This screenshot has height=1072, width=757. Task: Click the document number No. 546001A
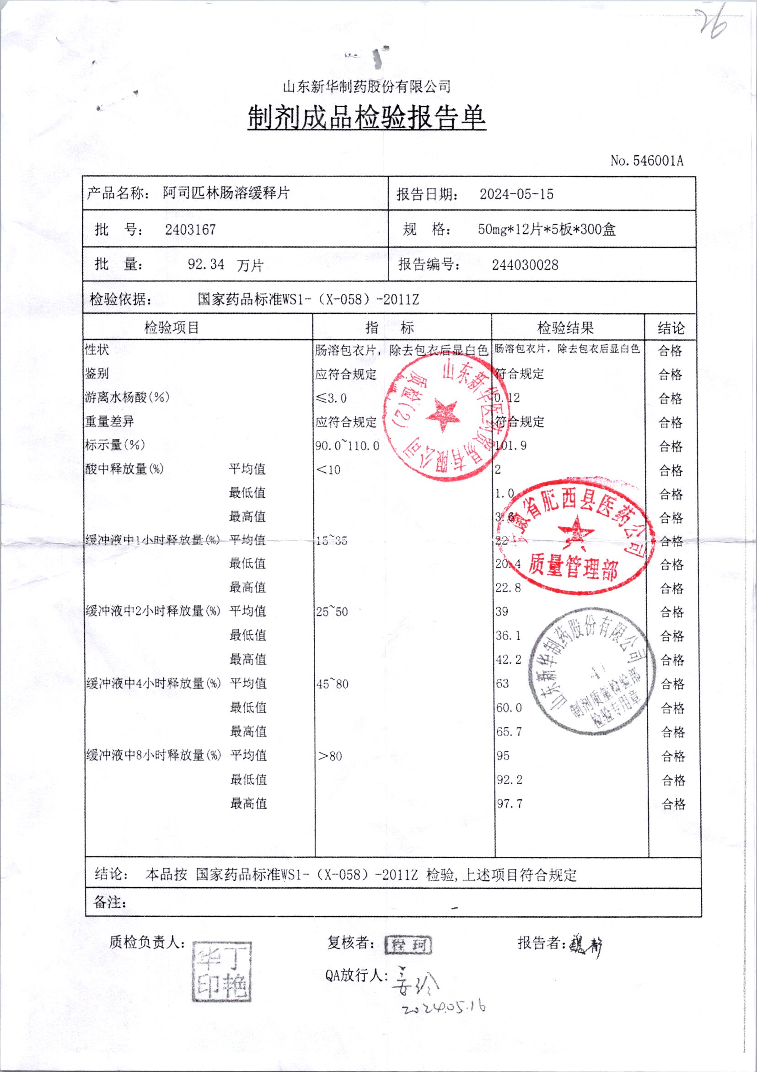tap(646, 161)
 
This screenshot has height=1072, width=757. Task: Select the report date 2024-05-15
tap(516, 194)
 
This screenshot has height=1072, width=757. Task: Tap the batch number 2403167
tap(190, 230)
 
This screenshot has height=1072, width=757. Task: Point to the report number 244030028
tap(525, 265)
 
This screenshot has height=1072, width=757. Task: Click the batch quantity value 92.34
tap(206, 265)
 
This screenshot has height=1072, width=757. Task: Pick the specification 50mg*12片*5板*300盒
tap(547, 230)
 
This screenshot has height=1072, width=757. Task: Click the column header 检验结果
tap(565, 328)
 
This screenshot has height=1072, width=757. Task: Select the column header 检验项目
tap(171, 328)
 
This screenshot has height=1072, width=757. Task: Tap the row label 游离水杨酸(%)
tap(127, 397)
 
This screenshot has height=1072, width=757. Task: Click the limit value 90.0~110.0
tap(347, 446)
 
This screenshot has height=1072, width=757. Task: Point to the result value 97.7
tap(509, 804)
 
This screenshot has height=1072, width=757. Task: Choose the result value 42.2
tap(508, 660)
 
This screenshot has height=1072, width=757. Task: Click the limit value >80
tap(329, 756)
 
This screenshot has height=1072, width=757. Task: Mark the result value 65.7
tap(509, 732)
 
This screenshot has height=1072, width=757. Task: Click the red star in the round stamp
tap(440, 415)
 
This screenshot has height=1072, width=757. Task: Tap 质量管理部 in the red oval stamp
tap(573, 566)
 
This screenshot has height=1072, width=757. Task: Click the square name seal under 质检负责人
tap(222, 972)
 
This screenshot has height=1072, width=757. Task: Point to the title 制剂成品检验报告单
tap(366, 118)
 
